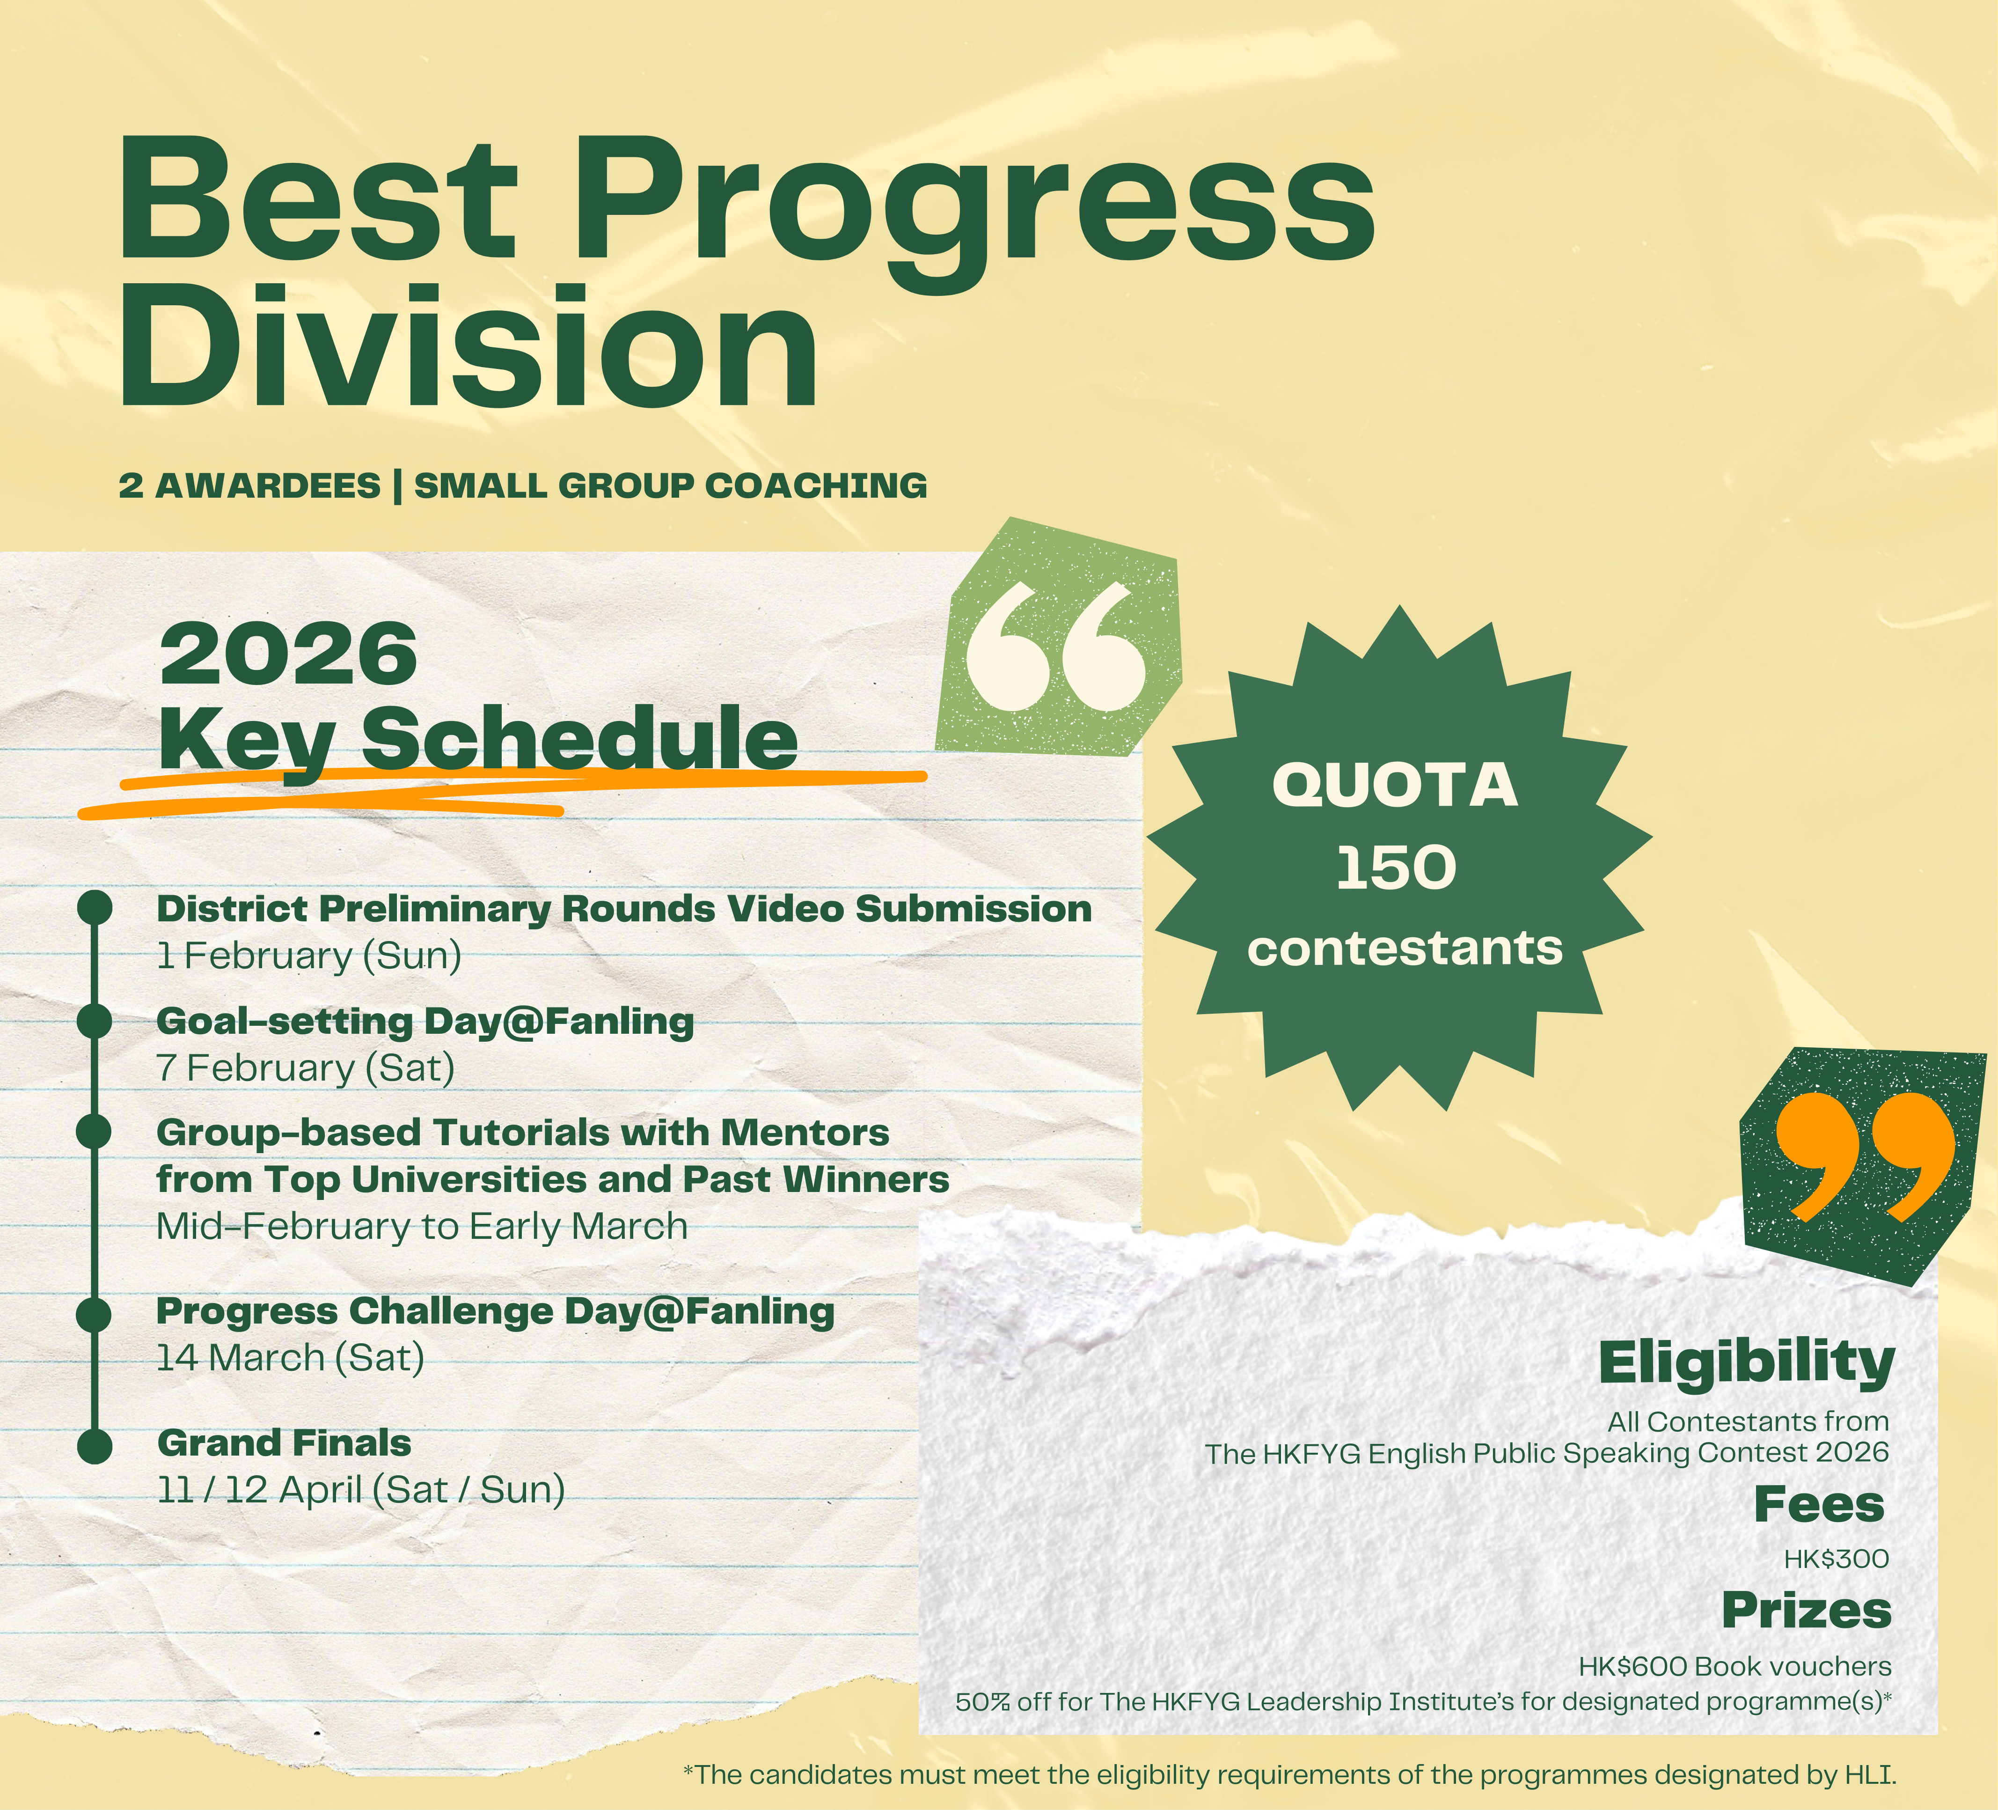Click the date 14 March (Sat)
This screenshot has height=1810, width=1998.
(x=290, y=1357)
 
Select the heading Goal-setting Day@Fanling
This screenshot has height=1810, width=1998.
(x=425, y=1021)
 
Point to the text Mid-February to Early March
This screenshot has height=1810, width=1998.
(x=422, y=1226)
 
